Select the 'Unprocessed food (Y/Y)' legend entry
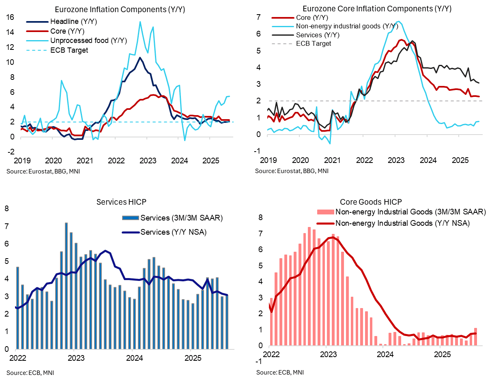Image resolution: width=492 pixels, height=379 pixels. (x=88, y=41)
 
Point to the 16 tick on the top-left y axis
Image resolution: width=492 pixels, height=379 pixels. (x=10, y=17)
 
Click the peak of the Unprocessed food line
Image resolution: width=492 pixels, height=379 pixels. (x=140, y=22)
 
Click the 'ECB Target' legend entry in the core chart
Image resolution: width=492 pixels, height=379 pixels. (x=314, y=43)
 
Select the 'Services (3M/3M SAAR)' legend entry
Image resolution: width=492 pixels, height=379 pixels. (x=182, y=218)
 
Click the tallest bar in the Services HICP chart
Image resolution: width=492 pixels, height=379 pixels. (x=66, y=286)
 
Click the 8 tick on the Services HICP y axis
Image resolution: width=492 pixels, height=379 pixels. (x=6, y=209)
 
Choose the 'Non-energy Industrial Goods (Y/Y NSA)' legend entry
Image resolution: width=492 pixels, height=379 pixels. (x=402, y=223)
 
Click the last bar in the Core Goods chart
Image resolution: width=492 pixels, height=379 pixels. (x=475, y=337)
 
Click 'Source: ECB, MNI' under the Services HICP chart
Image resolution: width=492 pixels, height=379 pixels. (x=27, y=372)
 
